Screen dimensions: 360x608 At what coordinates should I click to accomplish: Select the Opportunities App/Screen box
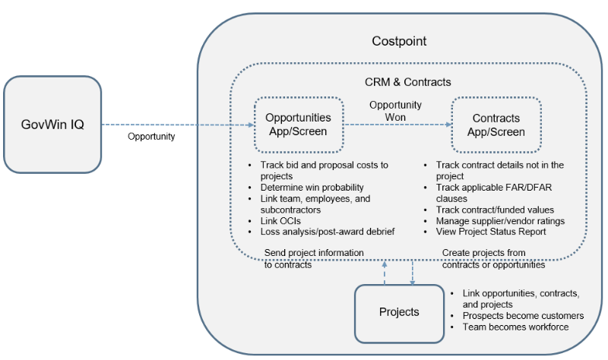298,125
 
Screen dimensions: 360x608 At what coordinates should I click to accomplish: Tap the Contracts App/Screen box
496,125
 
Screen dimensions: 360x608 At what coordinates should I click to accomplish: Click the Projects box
399,312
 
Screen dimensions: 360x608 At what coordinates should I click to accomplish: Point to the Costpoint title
399,40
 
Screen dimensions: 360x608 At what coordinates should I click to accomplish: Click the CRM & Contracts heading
408,82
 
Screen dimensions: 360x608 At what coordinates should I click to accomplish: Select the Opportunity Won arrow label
395,112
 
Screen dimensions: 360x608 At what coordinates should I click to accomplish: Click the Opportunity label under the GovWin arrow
151,137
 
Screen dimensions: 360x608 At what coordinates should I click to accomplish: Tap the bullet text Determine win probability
312,188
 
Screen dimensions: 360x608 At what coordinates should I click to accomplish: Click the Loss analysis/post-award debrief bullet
327,232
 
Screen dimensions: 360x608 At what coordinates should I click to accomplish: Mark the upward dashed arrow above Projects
385,270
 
